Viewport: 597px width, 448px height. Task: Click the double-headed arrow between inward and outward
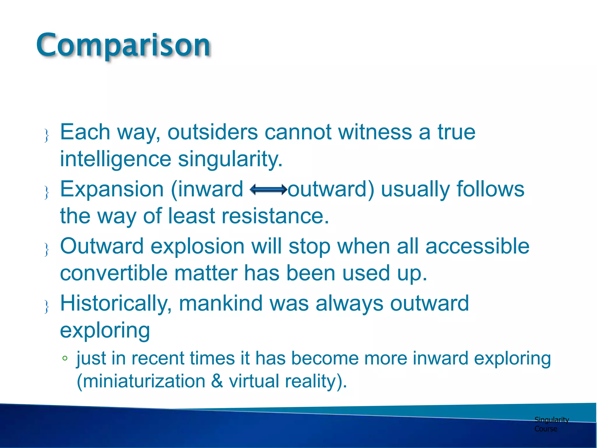[x=268, y=190]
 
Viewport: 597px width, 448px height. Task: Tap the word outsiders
[x=213, y=132]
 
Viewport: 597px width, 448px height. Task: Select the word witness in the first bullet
[x=375, y=132]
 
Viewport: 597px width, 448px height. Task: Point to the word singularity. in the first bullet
[x=230, y=159]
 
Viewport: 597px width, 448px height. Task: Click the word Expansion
[x=112, y=190]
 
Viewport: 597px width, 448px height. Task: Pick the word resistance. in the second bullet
[x=275, y=216]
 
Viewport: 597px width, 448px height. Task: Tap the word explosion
[x=197, y=246]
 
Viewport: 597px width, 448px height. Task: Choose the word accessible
[x=477, y=246]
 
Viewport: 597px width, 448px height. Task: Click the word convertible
[x=114, y=273]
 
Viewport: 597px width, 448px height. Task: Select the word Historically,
[x=116, y=304]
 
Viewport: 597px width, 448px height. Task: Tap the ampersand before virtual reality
[x=217, y=381]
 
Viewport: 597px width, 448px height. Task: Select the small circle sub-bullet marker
[x=65, y=358]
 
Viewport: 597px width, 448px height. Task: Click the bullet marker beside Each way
[x=46, y=135]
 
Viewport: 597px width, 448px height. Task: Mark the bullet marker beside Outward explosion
[x=46, y=250]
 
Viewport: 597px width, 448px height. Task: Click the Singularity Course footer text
[x=551, y=424]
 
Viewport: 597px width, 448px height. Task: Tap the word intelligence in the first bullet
[x=115, y=159]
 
